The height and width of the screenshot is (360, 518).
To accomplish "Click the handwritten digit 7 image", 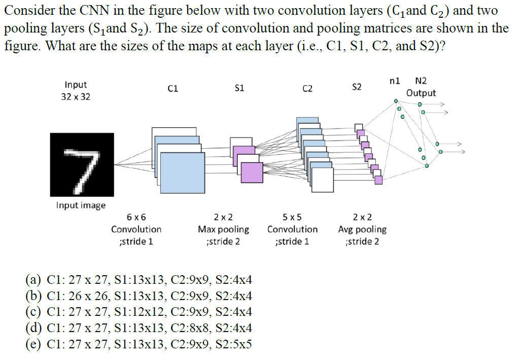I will coord(82,165).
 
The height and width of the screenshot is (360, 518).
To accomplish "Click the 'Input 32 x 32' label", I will coord(76,90).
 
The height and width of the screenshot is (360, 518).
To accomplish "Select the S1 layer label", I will coord(239,88).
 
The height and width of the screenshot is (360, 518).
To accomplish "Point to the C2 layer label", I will coord(307,89).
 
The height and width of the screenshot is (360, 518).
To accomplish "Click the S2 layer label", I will coord(357,87).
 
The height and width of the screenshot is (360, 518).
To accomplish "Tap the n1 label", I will coord(394,81).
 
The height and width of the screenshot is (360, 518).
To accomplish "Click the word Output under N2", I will coord(421,93).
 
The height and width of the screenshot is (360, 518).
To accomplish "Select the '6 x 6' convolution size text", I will coord(136,217).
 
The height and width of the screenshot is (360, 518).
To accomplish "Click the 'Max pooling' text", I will coord(223,230).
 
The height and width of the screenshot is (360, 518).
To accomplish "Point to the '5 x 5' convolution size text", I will coord(292,217).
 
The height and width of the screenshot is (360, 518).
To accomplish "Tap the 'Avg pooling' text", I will coord(362,230).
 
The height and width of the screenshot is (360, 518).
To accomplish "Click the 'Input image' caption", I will coord(81,205).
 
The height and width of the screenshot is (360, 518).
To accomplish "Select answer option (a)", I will coord(139,281).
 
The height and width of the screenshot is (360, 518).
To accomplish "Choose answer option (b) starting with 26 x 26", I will coord(139,296).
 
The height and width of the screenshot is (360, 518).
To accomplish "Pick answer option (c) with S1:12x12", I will coord(139,311).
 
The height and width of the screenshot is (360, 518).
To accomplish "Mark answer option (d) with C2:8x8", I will coord(139,328).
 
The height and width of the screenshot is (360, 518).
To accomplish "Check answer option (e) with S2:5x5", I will coord(139,344).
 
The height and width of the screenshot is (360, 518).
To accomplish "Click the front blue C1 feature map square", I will coord(182,172).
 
